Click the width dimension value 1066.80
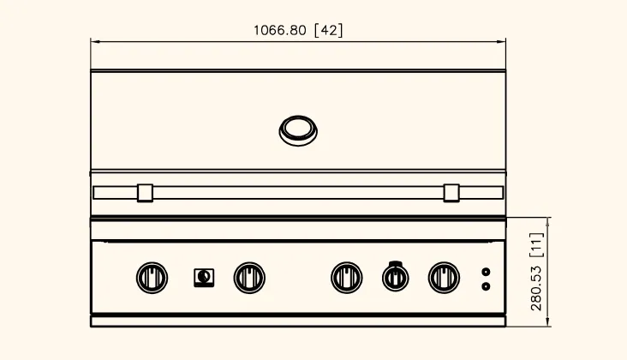tap(280, 30)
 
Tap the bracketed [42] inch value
tap(329, 30)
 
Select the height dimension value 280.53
tap(536, 288)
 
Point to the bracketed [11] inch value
tap(536, 245)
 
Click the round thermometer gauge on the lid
tap(298, 131)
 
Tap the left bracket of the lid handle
tap(145, 193)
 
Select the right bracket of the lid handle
tap(451, 193)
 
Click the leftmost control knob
tap(152, 278)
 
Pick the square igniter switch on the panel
tap(204, 278)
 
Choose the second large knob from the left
tap(249, 278)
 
